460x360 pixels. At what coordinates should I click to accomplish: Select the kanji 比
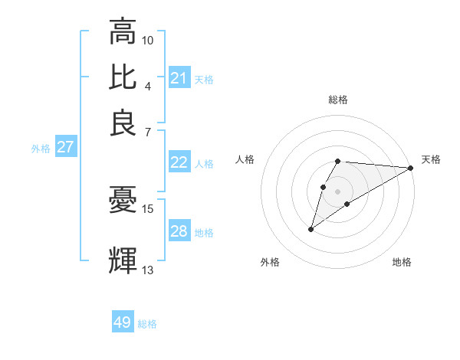(x=123, y=77)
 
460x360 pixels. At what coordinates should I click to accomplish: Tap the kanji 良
(x=123, y=123)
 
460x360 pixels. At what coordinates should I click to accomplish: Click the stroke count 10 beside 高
(x=148, y=39)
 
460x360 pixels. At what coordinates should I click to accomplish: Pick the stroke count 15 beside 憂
(x=148, y=208)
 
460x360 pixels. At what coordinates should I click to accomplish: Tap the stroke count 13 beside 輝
(x=148, y=270)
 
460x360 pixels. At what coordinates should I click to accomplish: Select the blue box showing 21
(x=179, y=78)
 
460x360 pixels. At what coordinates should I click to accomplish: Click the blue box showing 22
(x=179, y=162)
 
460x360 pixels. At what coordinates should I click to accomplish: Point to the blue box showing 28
(x=179, y=231)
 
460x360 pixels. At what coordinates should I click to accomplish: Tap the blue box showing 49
(x=123, y=322)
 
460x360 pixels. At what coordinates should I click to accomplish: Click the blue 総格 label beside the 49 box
(x=147, y=324)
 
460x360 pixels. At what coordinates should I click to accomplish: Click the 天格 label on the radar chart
(x=431, y=159)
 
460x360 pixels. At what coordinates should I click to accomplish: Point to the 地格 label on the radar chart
(x=402, y=262)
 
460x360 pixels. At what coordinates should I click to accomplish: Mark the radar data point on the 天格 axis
(x=410, y=168)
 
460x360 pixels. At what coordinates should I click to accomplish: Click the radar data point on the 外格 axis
(x=310, y=229)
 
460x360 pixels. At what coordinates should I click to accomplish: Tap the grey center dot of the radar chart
(x=338, y=191)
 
